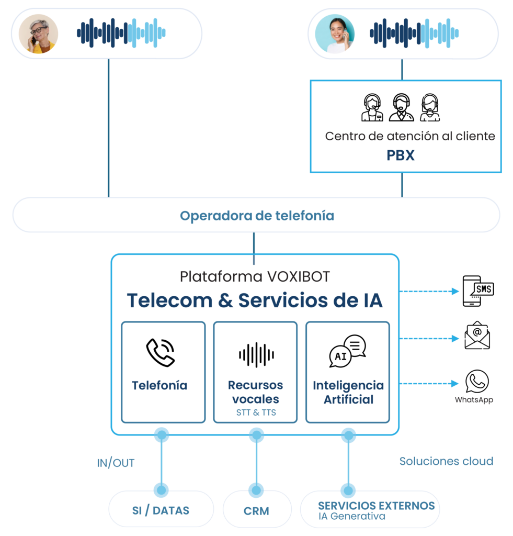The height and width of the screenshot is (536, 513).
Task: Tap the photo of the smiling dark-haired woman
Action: (335, 33)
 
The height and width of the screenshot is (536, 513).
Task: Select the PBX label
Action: (401, 155)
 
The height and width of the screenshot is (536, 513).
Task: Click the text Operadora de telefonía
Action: (257, 216)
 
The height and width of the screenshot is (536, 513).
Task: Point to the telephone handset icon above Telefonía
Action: (160, 352)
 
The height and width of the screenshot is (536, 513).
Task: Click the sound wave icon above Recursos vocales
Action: (256, 355)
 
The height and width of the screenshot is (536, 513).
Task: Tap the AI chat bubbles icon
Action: (347, 352)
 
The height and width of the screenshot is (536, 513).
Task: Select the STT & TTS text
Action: (256, 412)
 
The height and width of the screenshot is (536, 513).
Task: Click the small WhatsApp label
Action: (474, 400)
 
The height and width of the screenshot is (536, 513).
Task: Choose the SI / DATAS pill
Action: (161, 510)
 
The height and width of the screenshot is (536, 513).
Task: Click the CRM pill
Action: (256, 510)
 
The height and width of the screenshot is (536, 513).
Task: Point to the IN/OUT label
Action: (116, 463)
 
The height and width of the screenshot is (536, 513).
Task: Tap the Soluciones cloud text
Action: (446, 461)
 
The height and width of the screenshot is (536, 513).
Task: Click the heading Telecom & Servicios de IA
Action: (255, 300)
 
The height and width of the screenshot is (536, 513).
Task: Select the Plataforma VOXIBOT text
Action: (255, 276)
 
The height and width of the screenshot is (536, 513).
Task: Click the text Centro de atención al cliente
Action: (410, 136)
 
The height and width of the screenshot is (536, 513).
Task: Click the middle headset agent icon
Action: (401, 108)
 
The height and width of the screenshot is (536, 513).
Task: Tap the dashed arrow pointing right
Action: (430, 292)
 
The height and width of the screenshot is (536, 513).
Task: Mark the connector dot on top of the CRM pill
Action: (256, 490)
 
